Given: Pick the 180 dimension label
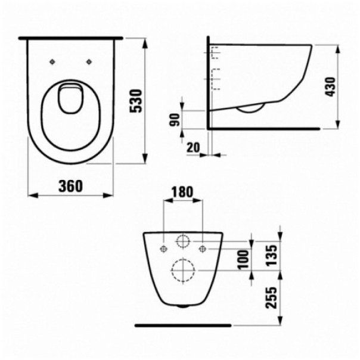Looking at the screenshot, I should point(182,192).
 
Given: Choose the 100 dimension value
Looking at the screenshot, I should point(243,260).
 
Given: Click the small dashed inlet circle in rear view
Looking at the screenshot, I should point(183,242).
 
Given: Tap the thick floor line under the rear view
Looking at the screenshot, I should point(182,325).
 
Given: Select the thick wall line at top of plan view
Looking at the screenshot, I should point(70,38).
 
